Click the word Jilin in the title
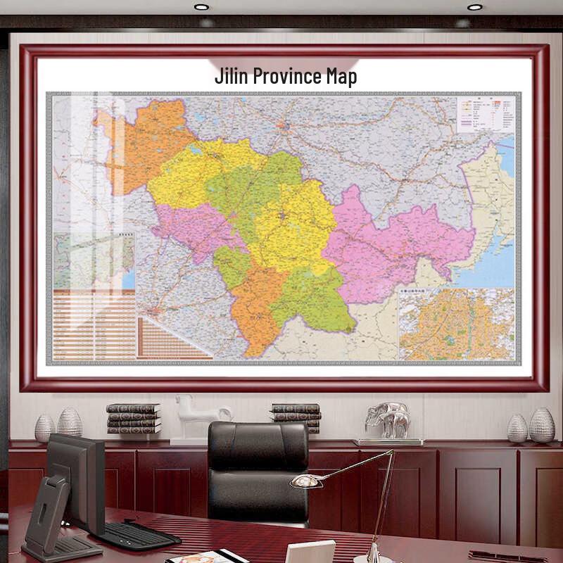(231, 76)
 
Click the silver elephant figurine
(388, 420)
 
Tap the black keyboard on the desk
(137, 536)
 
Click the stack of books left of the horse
(133, 418)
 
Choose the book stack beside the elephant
(296, 417)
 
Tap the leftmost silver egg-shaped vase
(45, 428)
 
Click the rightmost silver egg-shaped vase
(542, 425)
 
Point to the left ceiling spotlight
(201, 7)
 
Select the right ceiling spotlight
(475, 7)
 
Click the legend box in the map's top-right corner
(486, 114)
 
